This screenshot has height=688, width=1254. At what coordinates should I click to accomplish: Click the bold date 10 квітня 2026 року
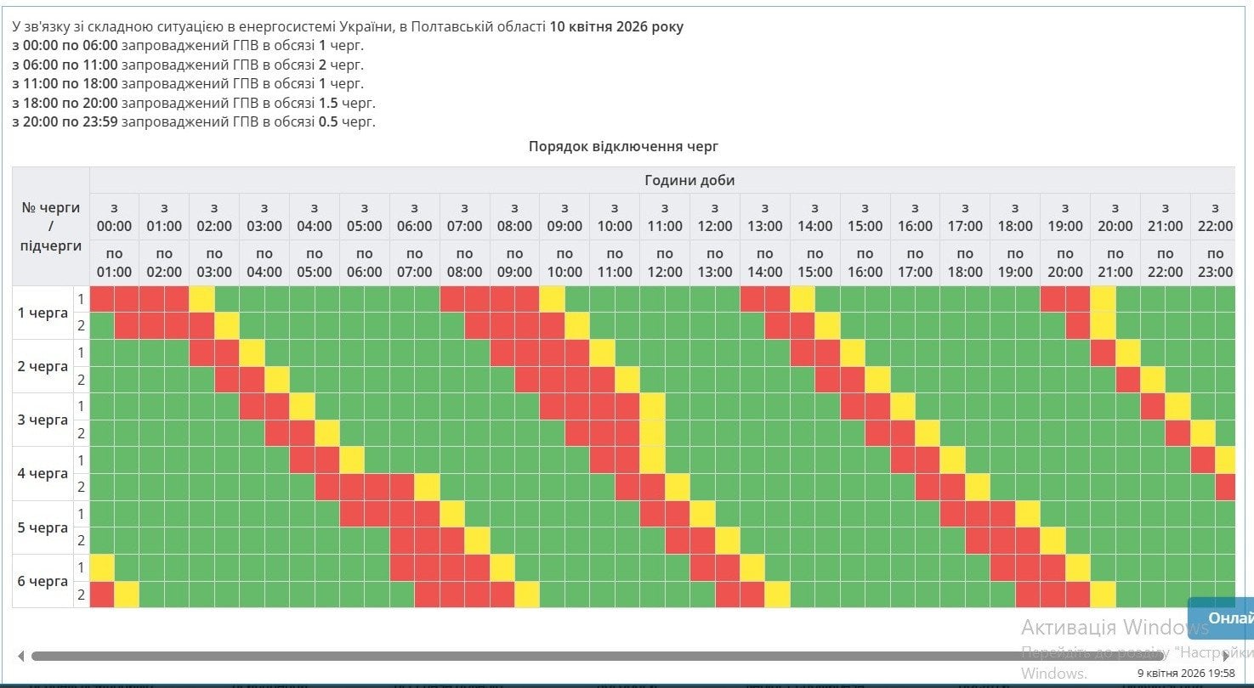[x=616, y=26]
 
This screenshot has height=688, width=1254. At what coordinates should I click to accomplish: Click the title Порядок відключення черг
[x=623, y=146]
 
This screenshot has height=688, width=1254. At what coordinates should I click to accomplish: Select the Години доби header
[x=689, y=180]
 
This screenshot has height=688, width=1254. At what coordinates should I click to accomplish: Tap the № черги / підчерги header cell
[x=50, y=226]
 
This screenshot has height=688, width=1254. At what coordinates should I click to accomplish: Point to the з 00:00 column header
[x=114, y=217]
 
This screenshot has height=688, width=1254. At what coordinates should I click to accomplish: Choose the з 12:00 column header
[x=714, y=217]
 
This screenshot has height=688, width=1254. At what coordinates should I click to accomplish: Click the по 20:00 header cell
[x=1064, y=262]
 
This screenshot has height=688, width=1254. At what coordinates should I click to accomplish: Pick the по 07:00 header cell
[x=414, y=262]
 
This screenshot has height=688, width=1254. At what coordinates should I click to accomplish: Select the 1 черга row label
[x=43, y=313]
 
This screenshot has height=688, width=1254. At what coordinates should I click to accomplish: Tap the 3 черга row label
[x=43, y=420]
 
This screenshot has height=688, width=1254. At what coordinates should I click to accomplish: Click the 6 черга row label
[x=43, y=581]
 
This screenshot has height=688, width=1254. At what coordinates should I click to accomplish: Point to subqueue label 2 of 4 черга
[x=81, y=488]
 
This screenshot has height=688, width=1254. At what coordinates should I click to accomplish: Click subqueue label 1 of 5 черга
[x=81, y=514]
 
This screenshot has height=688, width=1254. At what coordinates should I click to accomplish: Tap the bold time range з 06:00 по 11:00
[x=65, y=65]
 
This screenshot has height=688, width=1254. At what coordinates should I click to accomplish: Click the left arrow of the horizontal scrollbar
[x=20, y=656]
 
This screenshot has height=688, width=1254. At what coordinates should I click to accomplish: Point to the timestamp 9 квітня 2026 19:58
[x=1186, y=673]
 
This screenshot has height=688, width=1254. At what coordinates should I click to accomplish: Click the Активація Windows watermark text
[x=1115, y=628]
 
